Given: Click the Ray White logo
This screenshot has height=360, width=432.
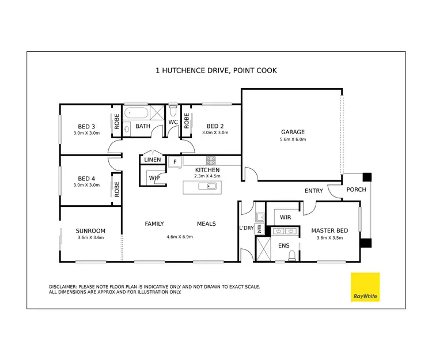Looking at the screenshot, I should click(x=366, y=287).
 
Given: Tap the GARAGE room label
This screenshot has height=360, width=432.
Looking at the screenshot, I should click(x=293, y=132).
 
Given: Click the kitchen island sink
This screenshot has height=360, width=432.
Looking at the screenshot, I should click(x=207, y=187).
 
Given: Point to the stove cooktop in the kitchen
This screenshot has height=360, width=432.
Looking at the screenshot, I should click(x=211, y=161).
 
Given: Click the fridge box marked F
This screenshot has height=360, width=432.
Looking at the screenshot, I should click(x=174, y=162).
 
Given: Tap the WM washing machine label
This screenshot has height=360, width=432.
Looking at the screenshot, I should click(x=259, y=229).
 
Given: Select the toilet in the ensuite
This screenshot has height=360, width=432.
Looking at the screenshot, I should click(x=292, y=255).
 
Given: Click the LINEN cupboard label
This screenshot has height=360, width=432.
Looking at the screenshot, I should click(x=153, y=160).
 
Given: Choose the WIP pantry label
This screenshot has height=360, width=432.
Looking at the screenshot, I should click(x=154, y=178).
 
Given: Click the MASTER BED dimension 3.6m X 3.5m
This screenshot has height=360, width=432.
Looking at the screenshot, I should click(x=329, y=237).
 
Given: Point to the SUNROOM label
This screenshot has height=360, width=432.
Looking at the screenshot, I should click(x=90, y=231).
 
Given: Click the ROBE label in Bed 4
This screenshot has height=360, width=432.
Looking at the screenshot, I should click(x=116, y=189).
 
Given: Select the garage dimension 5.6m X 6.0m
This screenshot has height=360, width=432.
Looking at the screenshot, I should click(x=293, y=139).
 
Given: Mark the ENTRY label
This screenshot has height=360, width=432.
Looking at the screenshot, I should click(x=314, y=191).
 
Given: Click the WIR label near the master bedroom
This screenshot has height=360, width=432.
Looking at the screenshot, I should click(x=285, y=217).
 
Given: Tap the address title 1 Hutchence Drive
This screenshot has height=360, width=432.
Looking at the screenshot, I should click(x=216, y=71).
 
